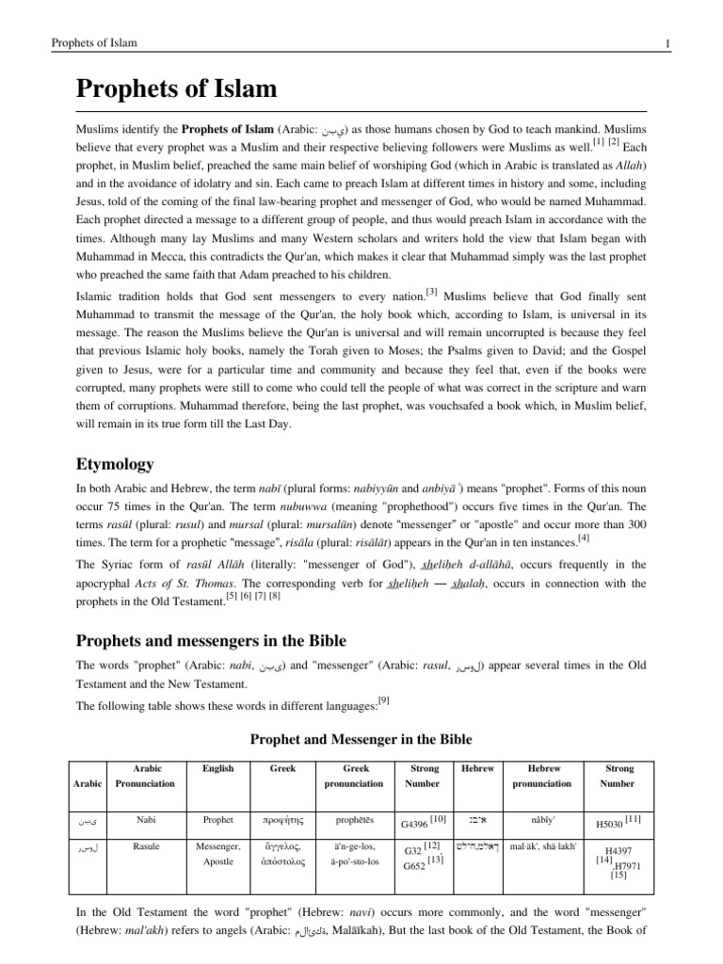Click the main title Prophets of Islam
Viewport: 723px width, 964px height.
pos(176,90)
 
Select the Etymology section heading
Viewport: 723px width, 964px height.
pos(115,464)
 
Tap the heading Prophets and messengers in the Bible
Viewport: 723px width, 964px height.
pos(211,641)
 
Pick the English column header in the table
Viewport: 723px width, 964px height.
pos(217,768)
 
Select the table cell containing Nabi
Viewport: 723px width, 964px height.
pos(146,819)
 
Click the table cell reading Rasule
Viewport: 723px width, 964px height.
pos(146,846)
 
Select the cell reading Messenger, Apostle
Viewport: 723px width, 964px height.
pos(218,854)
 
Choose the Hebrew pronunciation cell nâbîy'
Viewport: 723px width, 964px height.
pos(541,819)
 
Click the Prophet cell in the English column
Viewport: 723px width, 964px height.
pos(217,819)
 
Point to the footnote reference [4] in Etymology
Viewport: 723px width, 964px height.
pos(557,538)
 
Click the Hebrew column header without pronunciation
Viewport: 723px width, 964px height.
pos(477,768)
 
